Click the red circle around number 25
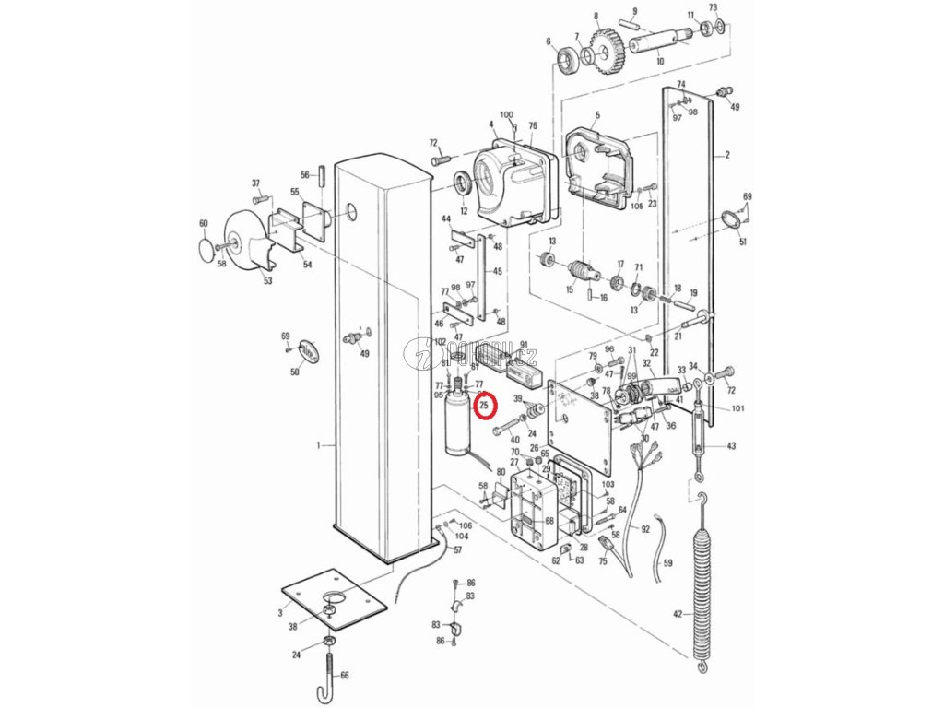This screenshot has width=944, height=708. pos(485,405)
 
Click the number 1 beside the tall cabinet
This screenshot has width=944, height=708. pos(318,445)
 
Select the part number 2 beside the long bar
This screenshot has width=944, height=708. pos(726,157)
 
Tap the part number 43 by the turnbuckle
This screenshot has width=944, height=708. pos(731,447)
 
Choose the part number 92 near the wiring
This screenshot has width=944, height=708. pos(645,529)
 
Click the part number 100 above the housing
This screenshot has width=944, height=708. pos(507,113)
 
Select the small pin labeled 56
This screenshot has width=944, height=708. pos(324,175)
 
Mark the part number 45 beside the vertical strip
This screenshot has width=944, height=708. pos(498,271)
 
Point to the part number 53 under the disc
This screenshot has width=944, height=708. pos(267,281)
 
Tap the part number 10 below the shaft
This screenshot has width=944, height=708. pos(659,61)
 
